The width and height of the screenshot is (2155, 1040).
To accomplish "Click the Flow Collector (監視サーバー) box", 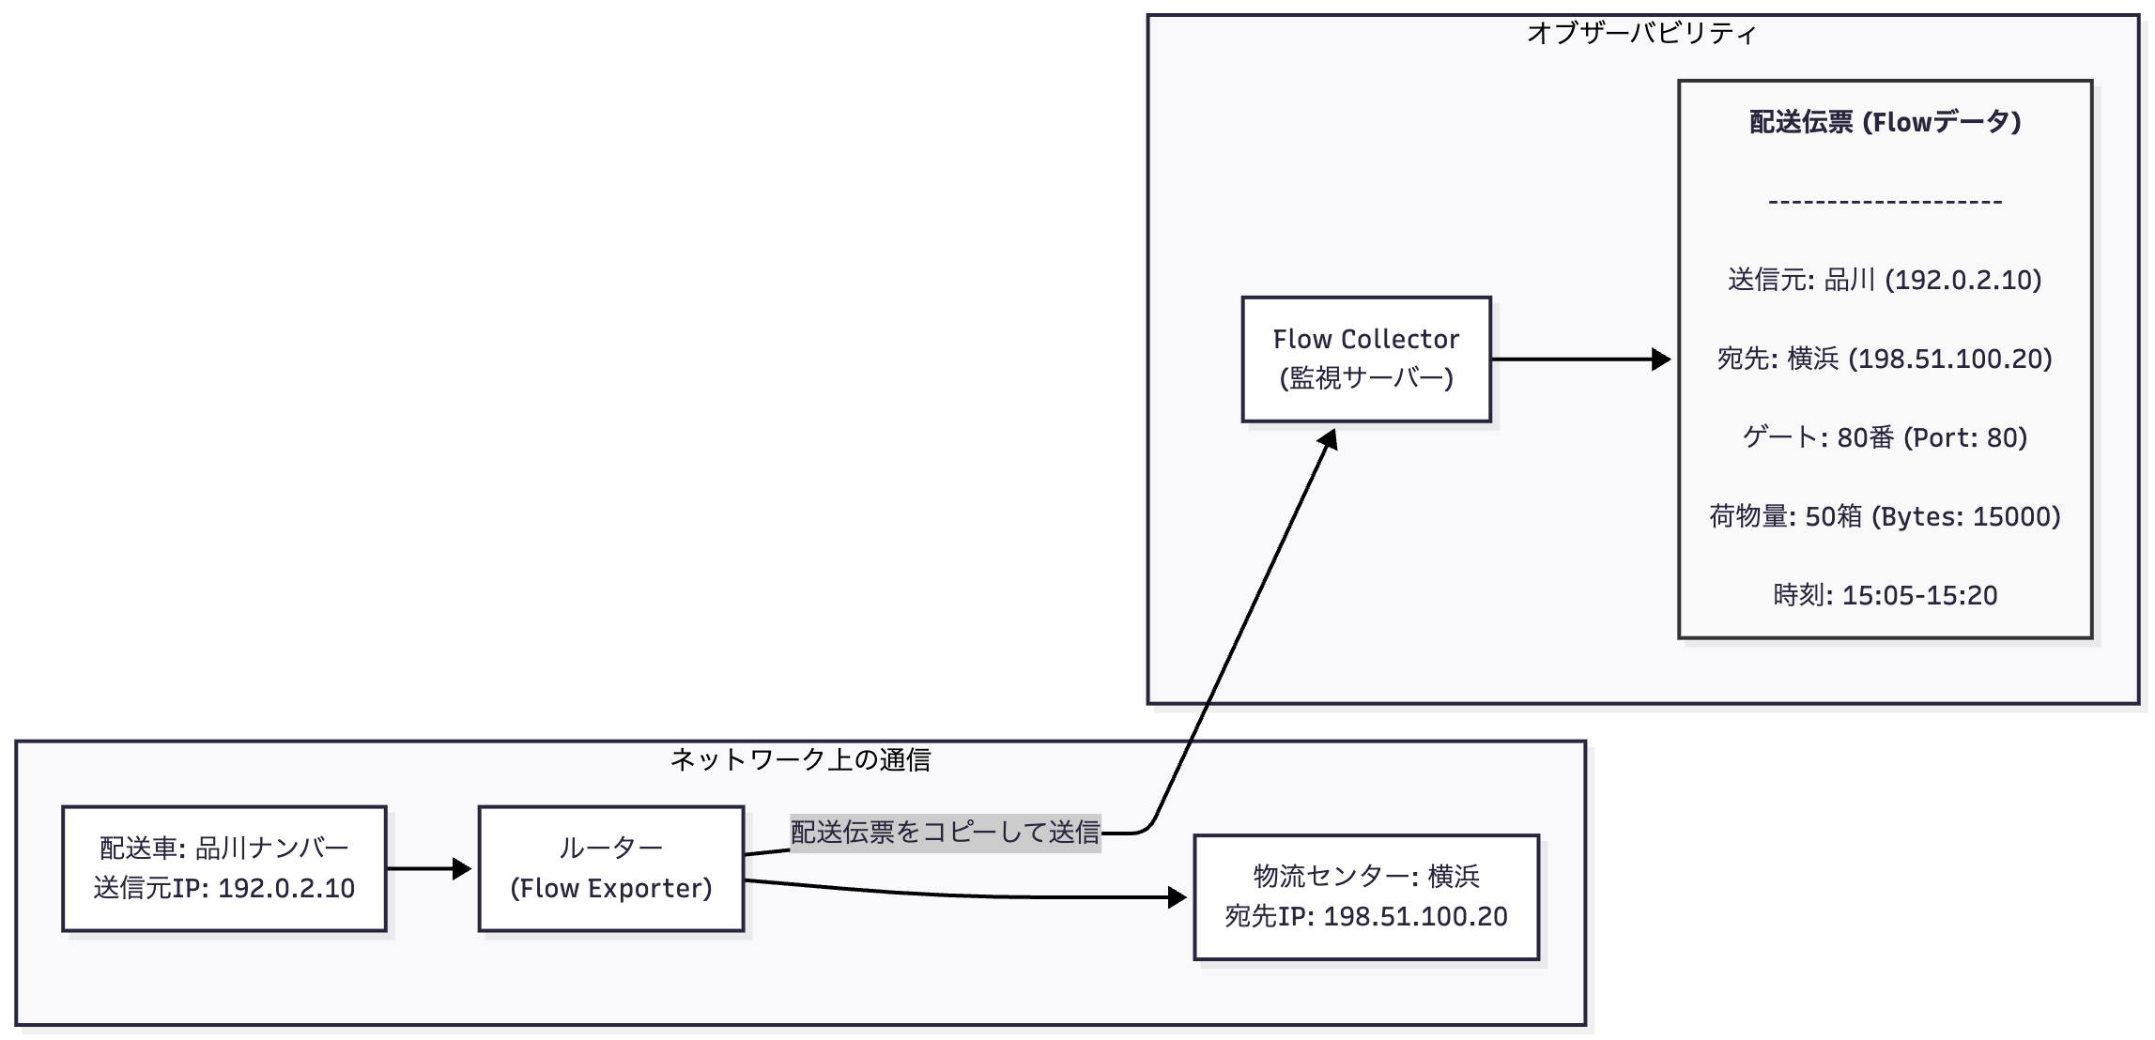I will (1365, 359).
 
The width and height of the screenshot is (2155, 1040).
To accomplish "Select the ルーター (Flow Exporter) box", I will (610, 868).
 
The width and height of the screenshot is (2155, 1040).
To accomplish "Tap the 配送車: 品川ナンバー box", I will (223, 868).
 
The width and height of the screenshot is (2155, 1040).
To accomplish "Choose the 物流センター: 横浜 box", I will (1365, 896).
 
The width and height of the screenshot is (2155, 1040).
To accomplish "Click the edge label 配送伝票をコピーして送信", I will (945, 832).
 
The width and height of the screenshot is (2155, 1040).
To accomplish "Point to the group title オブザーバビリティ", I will (1641, 34).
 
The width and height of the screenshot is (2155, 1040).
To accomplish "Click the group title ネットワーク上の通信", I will (800, 759).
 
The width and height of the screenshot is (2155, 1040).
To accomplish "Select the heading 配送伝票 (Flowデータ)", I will (1885, 122).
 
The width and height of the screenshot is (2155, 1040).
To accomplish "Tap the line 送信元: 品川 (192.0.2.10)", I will (1885, 280).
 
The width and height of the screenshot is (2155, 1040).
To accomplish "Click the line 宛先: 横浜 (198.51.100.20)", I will (1885, 359).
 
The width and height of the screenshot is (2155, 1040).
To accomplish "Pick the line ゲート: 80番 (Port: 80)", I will (1885, 437).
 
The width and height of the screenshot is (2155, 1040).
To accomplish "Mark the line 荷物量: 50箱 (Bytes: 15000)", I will (1885, 516).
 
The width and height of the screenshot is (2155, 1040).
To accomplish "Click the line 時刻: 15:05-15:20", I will (1885, 595).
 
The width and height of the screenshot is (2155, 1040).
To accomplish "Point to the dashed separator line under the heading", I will (1885, 201).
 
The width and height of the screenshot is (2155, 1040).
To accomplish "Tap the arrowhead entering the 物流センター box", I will (1178, 897).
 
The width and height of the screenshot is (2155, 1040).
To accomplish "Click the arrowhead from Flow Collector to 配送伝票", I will (1662, 359).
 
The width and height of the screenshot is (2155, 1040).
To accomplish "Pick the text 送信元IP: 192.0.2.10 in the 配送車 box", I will (223, 888).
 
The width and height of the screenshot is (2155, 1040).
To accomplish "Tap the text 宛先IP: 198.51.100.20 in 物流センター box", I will (1365, 916).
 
